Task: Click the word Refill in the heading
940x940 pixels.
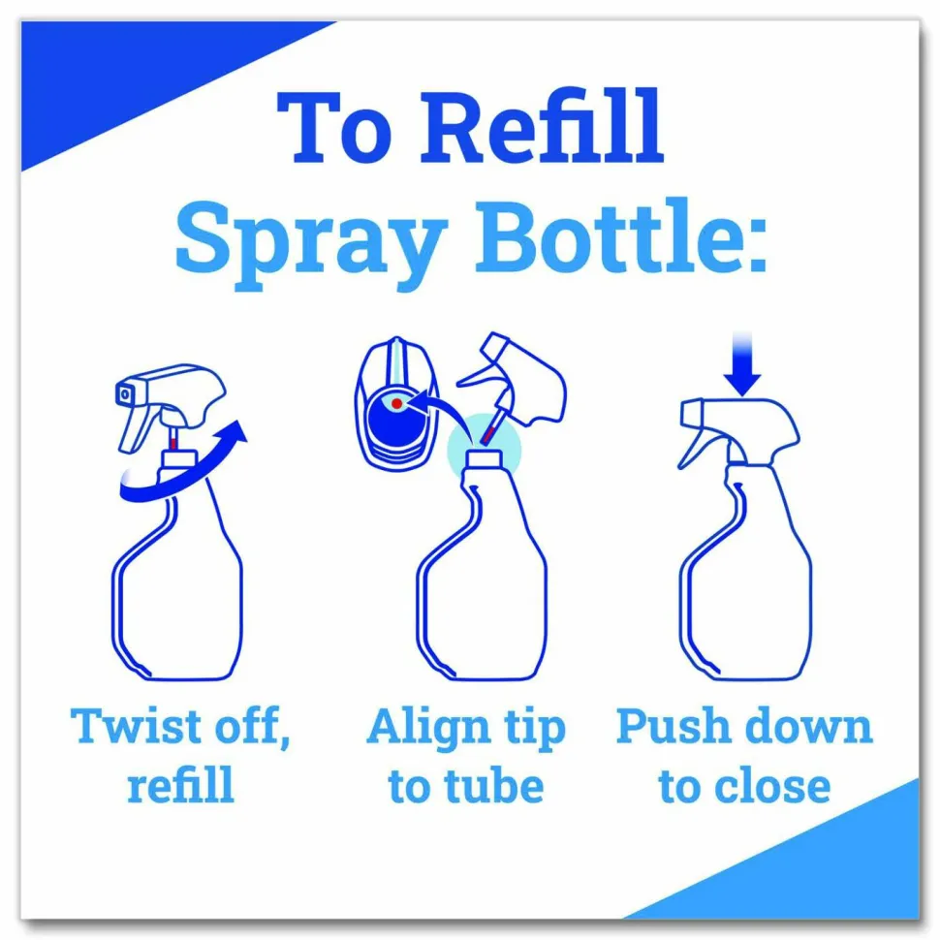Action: tap(542, 127)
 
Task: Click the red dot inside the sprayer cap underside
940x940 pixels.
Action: tap(396, 404)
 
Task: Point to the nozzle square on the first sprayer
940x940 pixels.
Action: tap(125, 393)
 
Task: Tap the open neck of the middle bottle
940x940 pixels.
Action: tap(484, 458)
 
